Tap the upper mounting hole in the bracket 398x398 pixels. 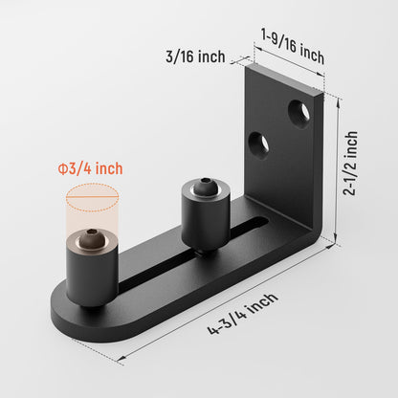click(299, 113)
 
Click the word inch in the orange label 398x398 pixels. click(108, 169)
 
